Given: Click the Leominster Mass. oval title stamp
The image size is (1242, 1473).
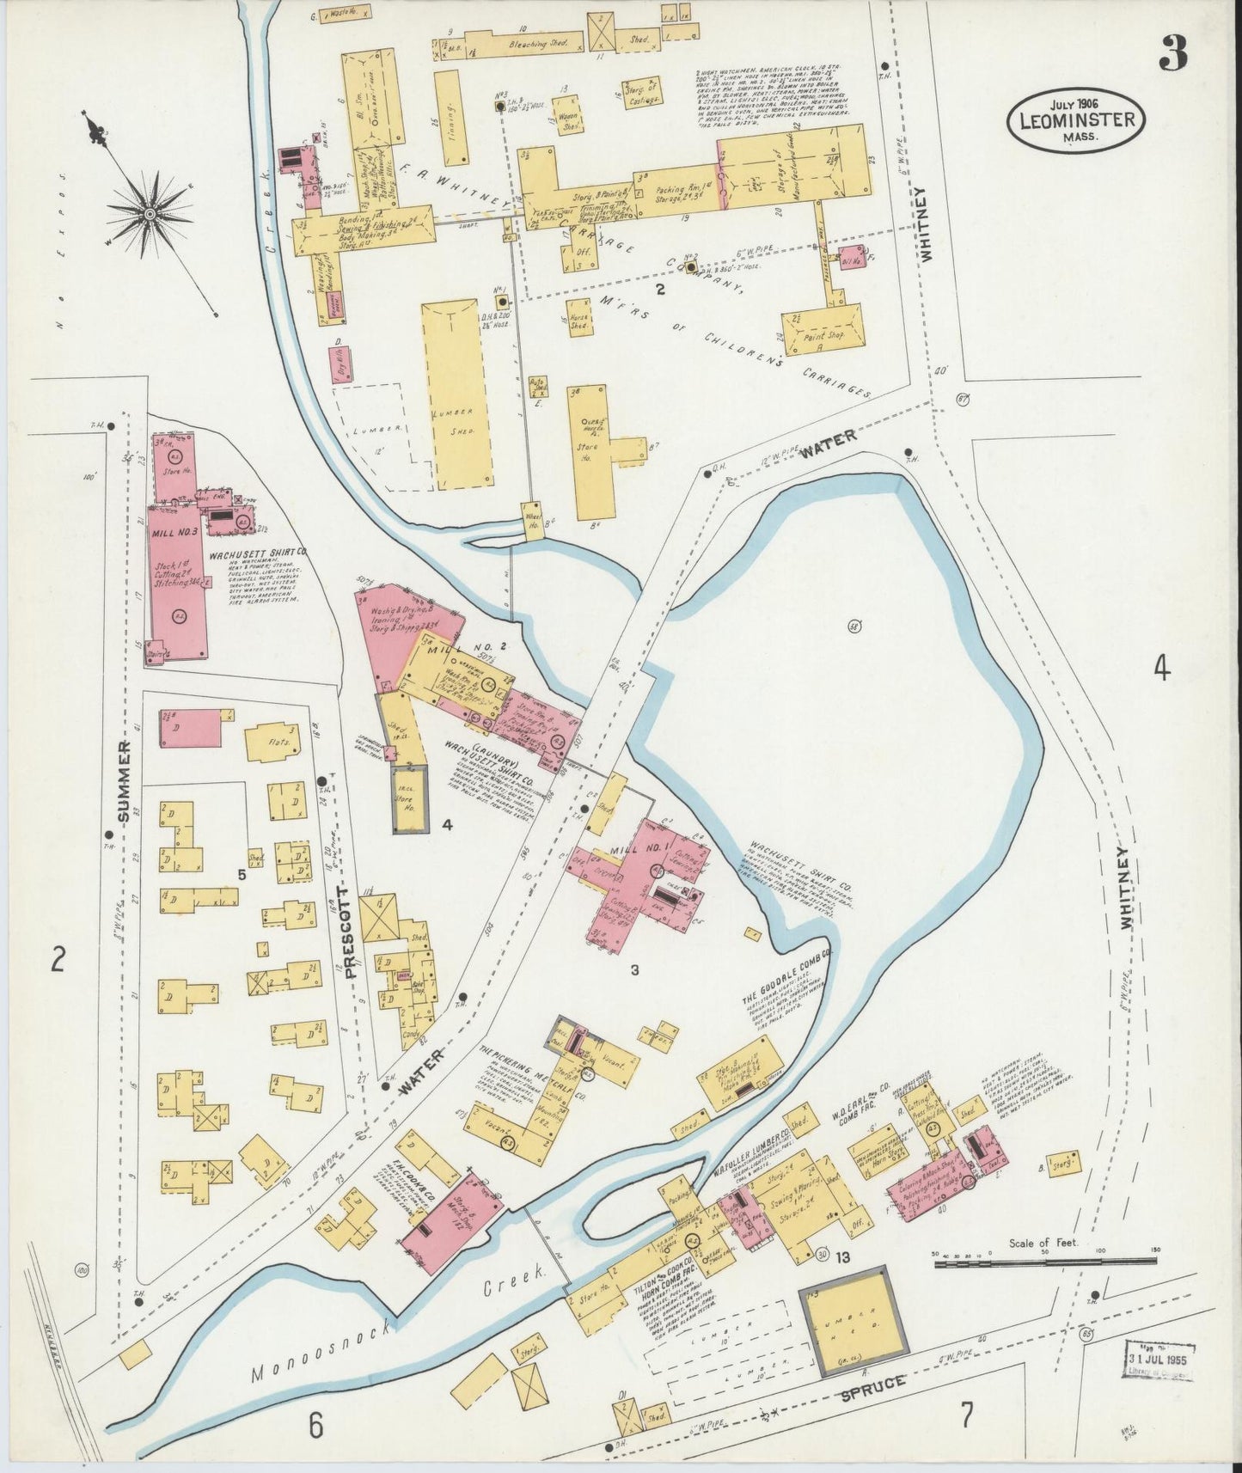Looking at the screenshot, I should [1080, 120].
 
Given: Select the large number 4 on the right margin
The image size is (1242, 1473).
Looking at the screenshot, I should [1162, 668].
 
